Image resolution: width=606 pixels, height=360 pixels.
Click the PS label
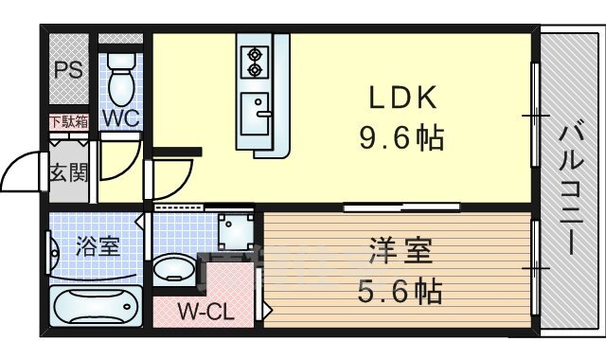click(x=68, y=70)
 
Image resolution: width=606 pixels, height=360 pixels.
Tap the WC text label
click(x=121, y=118)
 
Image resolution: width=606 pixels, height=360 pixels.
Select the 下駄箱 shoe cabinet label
click(x=69, y=122)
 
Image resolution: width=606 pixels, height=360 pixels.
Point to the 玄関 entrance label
click(x=69, y=172)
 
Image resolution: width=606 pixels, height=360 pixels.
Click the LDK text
click(x=402, y=98)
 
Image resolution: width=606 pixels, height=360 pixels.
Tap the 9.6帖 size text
click(x=401, y=138)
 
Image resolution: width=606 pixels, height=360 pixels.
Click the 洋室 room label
click(x=401, y=251)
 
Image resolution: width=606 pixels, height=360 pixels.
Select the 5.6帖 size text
click(x=401, y=291)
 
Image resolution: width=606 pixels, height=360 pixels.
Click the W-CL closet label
click(x=206, y=312)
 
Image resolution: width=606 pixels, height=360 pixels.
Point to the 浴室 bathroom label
click(x=98, y=246)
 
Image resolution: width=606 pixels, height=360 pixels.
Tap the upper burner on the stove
click(x=255, y=55)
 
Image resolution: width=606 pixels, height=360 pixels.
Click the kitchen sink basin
click(x=255, y=114)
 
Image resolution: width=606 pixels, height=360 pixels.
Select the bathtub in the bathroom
click(x=96, y=305)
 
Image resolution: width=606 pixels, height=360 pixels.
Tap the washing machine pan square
click(x=236, y=231)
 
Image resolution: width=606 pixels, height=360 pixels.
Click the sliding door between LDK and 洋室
click(x=401, y=207)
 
